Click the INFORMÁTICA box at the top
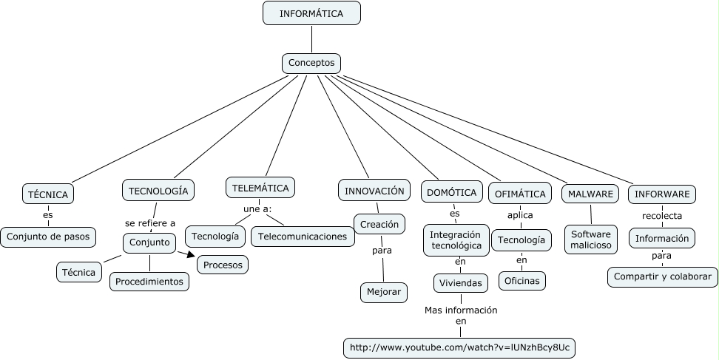(311, 13)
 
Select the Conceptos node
(311, 63)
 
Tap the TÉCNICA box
(47, 194)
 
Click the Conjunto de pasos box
(48, 237)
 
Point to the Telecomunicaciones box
(303, 237)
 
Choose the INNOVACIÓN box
(374, 191)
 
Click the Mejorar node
(383, 292)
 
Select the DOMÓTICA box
(451, 193)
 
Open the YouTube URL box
(461, 347)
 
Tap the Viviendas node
(460, 282)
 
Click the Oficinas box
(521, 280)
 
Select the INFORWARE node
(662, 194)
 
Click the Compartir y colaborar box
(662, 277)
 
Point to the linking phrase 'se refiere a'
(150, 223)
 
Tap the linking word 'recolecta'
(662, 216)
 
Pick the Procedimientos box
(149, 281)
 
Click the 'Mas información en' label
(461, 316)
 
